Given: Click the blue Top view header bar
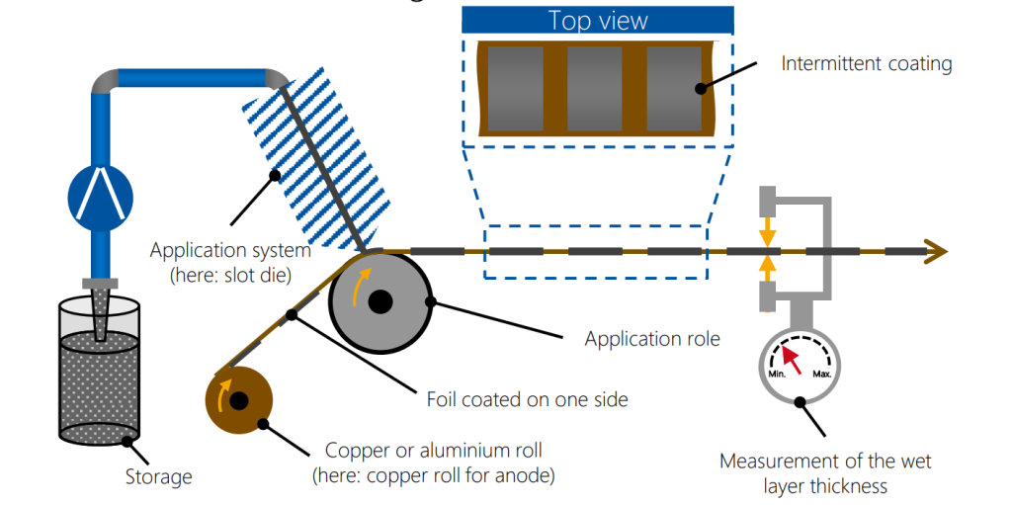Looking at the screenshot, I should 597,20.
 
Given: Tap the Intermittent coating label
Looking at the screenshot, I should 866,64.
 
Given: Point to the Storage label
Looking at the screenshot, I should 158,477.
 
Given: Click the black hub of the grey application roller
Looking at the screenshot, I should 379,302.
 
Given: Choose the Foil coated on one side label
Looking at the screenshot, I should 527,400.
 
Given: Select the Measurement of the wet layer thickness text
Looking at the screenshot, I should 825,472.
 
